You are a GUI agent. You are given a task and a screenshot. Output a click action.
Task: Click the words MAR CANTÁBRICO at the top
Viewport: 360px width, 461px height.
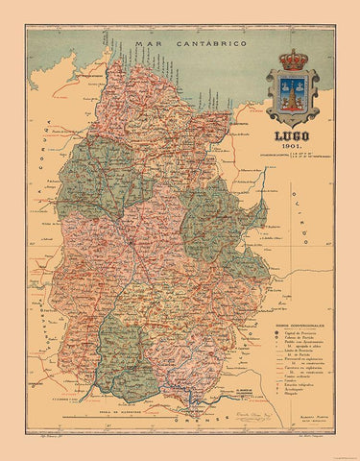click(180, 44)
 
